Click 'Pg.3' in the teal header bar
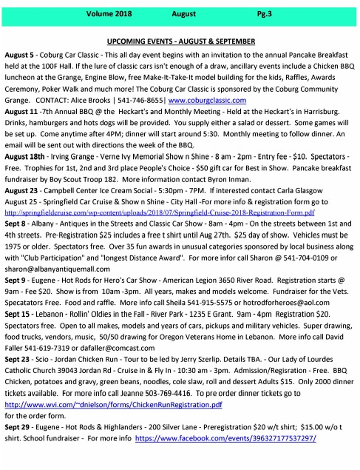pyautogui.click(x=264, y=14)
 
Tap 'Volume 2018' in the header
pyautogui.click(x=109, y=14)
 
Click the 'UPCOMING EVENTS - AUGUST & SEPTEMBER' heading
pyautogui.click(x=181, y=42)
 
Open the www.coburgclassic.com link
pyautogui.click(x=207, y=100)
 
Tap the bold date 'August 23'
pyautogui.click(x=21, y=191)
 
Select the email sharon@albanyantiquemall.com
pyautogui.click(x=57, y=269)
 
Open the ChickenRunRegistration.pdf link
pyautogui.click(x=113, y=405)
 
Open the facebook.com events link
pyautogui.click(x=226, y=438)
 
